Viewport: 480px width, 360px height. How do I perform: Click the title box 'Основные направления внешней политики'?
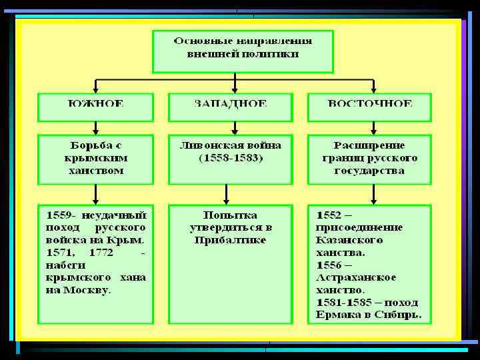click(233, 51)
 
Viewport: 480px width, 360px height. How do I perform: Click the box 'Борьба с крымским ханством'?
click(96, 159)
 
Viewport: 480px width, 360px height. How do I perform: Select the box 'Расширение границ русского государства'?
click(369, 159)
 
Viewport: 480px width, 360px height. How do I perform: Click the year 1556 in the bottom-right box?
click(329, 265)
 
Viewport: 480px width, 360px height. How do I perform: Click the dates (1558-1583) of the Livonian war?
click(231, 158)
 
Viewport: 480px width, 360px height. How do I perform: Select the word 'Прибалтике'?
click(230, 240)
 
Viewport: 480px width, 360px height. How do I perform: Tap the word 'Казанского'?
click(349, 240)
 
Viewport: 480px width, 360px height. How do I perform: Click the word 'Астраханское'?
click(357, 277)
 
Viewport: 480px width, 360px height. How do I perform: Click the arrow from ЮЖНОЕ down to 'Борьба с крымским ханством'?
click(96, 128)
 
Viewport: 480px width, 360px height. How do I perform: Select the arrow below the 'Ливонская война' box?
click(227, 194)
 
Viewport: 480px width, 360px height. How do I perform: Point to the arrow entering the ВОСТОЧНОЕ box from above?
click(373, 87)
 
